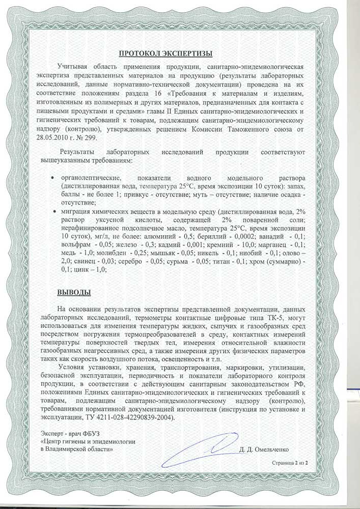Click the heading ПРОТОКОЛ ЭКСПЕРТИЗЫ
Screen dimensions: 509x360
tap(165, 52)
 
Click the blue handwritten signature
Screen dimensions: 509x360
tap(199, 449)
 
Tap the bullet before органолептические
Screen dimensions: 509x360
tap(54, 178)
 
